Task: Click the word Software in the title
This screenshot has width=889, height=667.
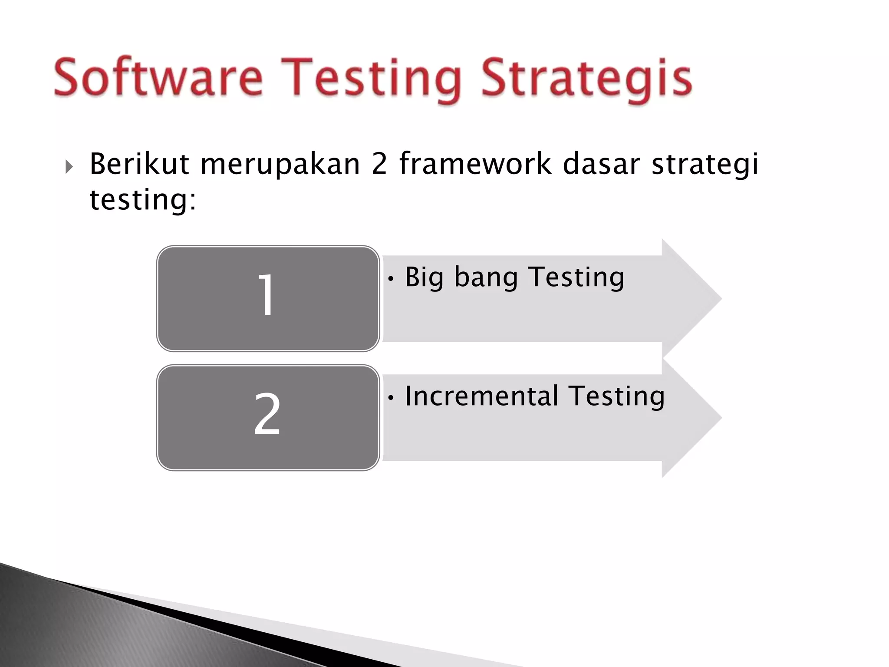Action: click(158, 78)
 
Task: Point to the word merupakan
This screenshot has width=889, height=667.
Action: click(280, 165)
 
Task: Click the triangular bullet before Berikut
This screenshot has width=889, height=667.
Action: click(69, 166)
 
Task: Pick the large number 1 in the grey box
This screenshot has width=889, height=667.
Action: click(266, 295)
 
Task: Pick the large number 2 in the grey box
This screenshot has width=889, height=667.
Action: click(267, 414)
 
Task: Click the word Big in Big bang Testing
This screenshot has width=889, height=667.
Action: click(424, 278)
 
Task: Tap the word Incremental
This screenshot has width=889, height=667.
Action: click(481, 396)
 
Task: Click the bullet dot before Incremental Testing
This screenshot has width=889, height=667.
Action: click(391, 398)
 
